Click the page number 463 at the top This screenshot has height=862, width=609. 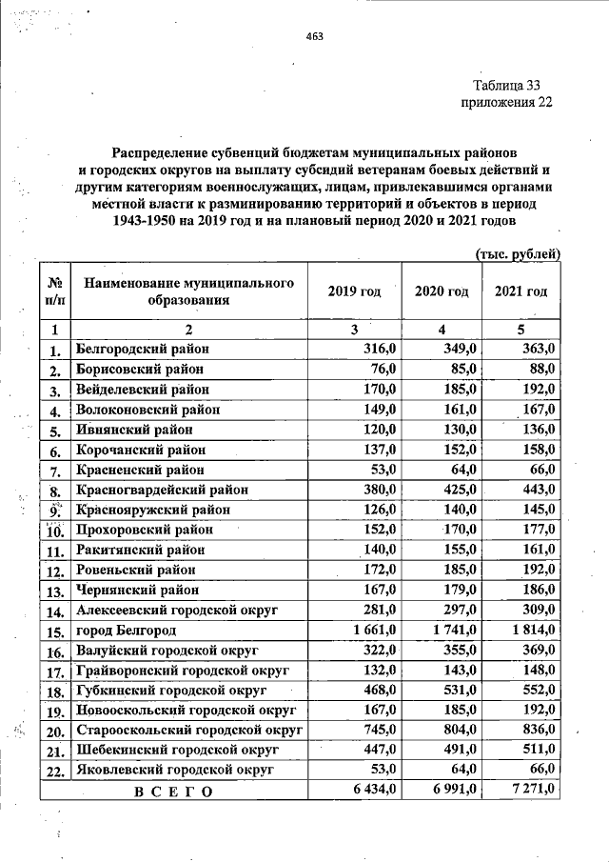(x=315, y=37)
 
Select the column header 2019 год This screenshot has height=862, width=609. (x=354, y=291)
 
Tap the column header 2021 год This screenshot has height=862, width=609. (x=521, y=291)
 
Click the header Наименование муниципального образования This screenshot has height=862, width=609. (x=186, y=291)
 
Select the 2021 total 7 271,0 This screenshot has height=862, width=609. (x=534, y=790)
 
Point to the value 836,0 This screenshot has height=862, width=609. (x=538, y=730)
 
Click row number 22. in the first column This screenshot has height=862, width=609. (x=54, y=770)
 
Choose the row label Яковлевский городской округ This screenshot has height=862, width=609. (x=175, y=769)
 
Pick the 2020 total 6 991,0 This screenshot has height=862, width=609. (x=453, y=790)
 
